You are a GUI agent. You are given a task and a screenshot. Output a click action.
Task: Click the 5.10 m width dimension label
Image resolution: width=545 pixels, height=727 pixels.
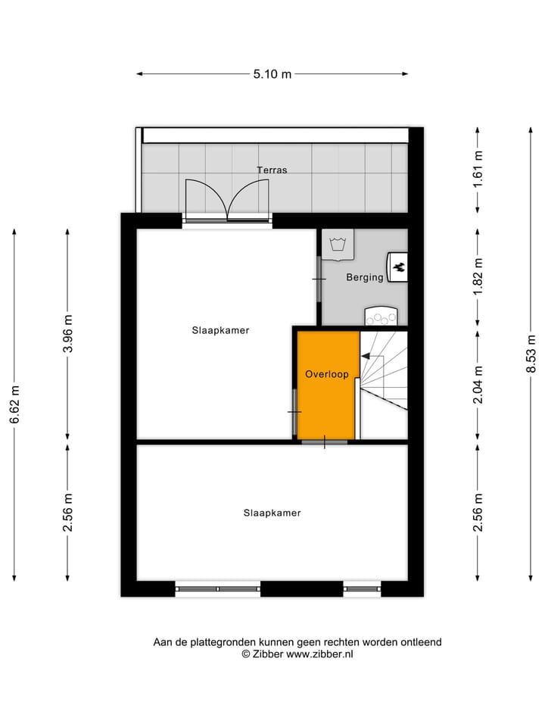[272, 74]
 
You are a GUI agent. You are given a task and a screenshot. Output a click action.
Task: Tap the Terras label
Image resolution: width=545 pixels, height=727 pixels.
[272, 170]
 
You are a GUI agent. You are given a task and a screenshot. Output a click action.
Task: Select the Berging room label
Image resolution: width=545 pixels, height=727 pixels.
[365, 278]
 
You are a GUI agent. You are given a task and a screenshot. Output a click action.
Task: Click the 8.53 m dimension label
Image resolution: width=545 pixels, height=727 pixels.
[532, 354]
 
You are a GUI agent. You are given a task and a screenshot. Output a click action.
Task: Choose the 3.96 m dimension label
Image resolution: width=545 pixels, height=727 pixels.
[67, 333]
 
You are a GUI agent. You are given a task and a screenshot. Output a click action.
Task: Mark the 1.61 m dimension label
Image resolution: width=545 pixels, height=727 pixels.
[478, 169]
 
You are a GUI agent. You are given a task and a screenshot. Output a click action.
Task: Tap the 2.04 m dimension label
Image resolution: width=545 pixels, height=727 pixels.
[478, 385]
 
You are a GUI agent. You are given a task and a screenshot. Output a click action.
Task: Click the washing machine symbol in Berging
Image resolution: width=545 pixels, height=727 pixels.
[338, 245]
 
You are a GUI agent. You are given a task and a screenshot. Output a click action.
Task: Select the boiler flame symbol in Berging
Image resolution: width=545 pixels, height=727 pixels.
[399, 267]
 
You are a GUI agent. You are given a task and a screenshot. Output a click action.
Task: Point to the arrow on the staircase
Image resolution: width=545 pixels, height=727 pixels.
[366, 355]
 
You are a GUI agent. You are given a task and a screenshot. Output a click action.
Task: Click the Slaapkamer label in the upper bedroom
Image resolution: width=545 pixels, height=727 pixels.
[220, 330]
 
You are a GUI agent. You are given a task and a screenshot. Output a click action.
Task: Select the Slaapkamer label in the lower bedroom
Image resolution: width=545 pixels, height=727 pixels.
[272, 513]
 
